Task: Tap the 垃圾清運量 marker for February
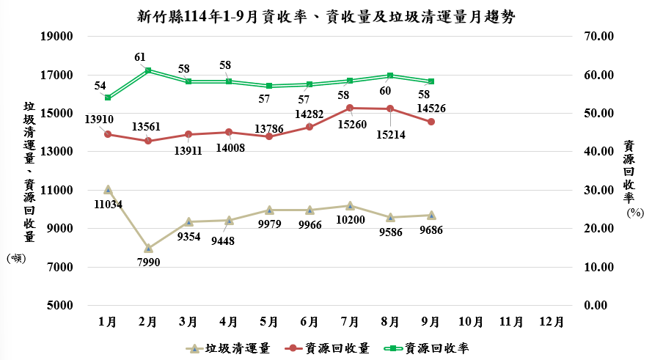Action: point(148,248)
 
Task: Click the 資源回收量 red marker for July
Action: point(350,108)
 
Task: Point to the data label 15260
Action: point(350,125)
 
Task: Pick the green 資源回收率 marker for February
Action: point(148,70)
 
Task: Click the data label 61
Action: point(140,56)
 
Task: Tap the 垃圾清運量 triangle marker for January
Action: point(108,190)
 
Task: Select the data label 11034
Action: point(109,204)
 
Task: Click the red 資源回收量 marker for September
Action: point(431,122)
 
